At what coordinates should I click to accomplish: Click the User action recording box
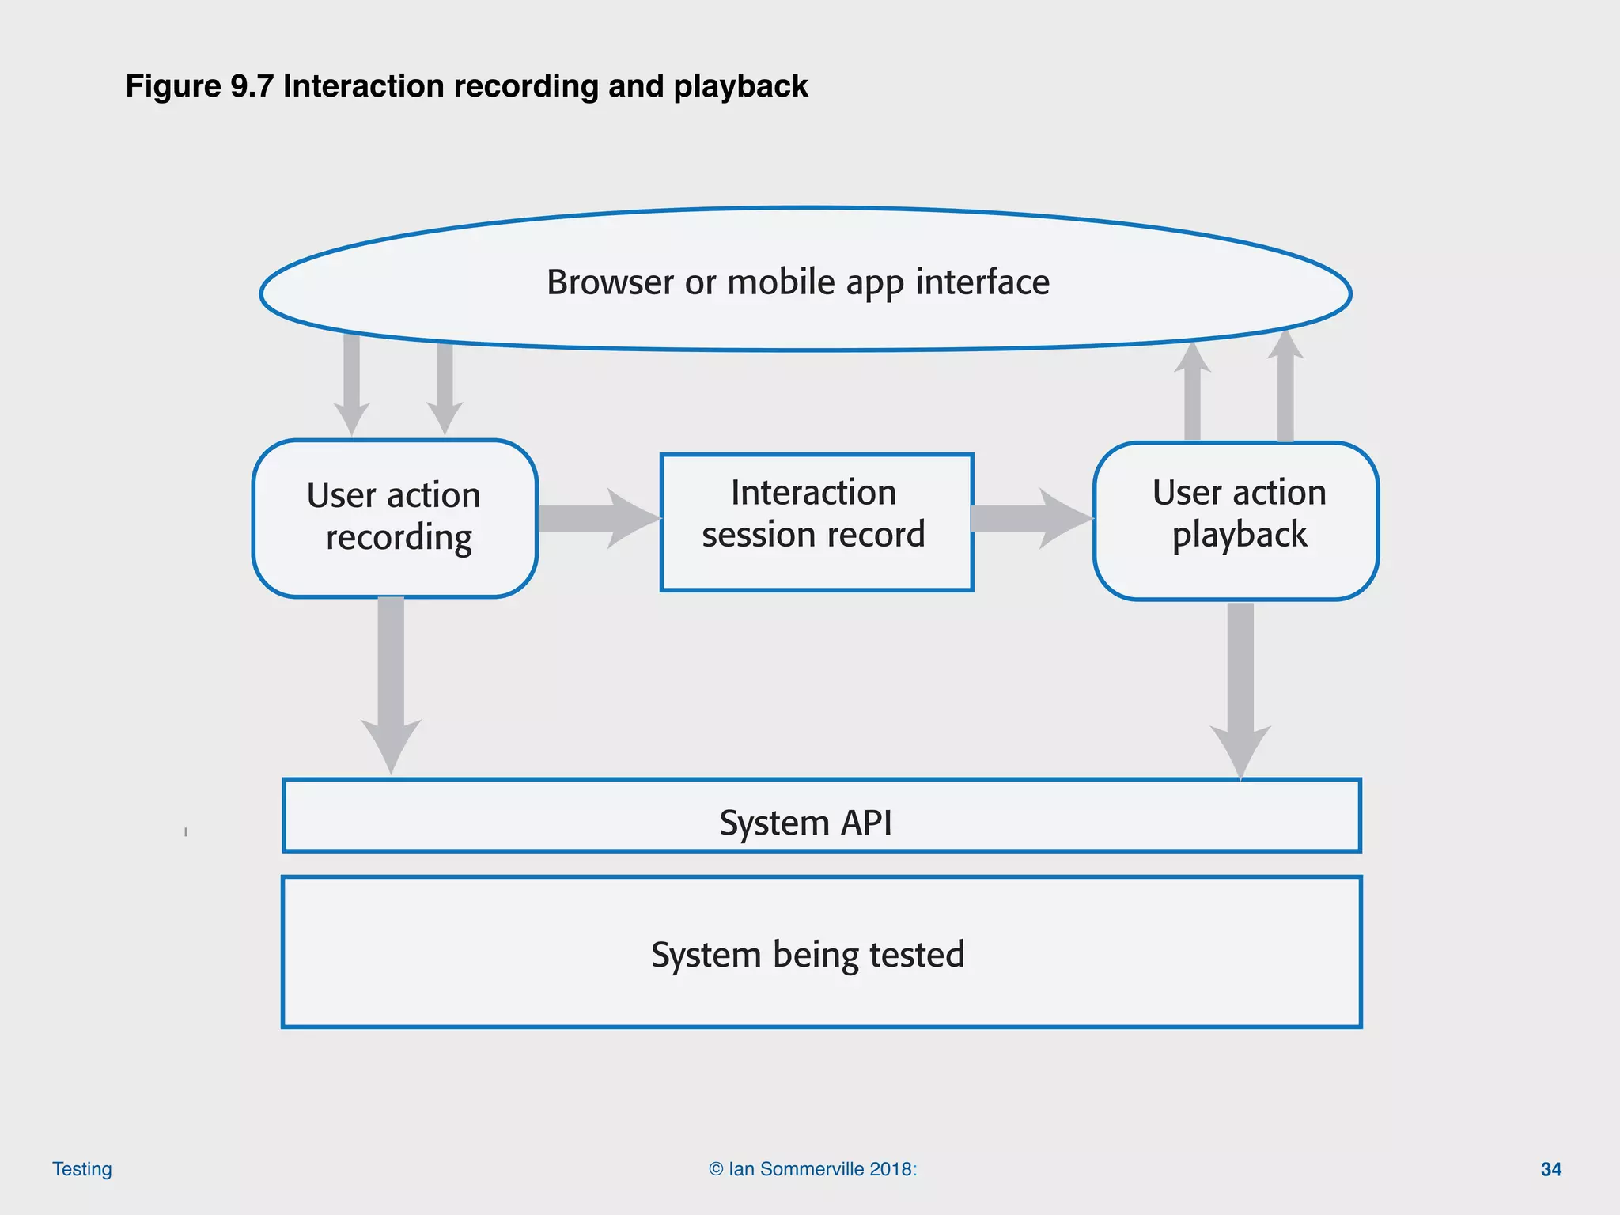click(394, 518)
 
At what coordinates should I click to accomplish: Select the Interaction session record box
click(816, 521)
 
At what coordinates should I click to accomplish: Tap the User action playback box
click(1236, 520)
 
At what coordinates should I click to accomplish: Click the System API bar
click(821, 816)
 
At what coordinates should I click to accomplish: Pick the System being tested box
click(821, 952)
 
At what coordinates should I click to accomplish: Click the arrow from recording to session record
click(597, 518)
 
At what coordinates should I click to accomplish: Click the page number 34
click(1550, 1169)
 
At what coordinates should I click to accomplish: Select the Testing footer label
click(82, 1169)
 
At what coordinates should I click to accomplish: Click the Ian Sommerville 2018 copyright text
click(812, 1169)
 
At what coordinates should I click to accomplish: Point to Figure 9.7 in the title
click(199, 86)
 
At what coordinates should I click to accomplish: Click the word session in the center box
click(752, 535)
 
